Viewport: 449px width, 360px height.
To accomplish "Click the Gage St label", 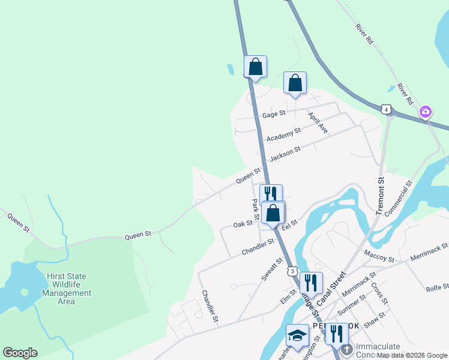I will pyautogui.click(x=274, y=114).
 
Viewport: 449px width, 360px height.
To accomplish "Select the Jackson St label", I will pyautogui.click(x=285, y=155).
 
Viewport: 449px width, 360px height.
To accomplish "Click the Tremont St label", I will pyautogui.click(x=379, y=196).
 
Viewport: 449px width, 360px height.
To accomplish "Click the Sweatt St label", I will pyautogui.click(x=272, y=269).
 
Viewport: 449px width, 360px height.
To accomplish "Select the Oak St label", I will pyautogui.click(x=243, y=224).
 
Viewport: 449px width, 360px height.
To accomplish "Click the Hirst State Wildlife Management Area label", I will pyautogui.click(x=67, y=289).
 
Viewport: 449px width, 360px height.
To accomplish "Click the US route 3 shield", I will pyautogui.click(x=292, y=271).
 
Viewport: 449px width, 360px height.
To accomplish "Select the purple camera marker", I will pyautogui.click(x=426, y=112).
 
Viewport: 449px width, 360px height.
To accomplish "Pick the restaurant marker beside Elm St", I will pyautogui.click(x=311, y=282).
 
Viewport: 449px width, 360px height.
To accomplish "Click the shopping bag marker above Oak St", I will pyautogui.click(x=273, y=213).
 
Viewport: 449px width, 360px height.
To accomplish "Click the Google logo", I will pyautogui.click(x=20, y=353).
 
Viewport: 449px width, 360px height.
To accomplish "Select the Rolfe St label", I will pyautogui.click(x=437, y=287).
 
